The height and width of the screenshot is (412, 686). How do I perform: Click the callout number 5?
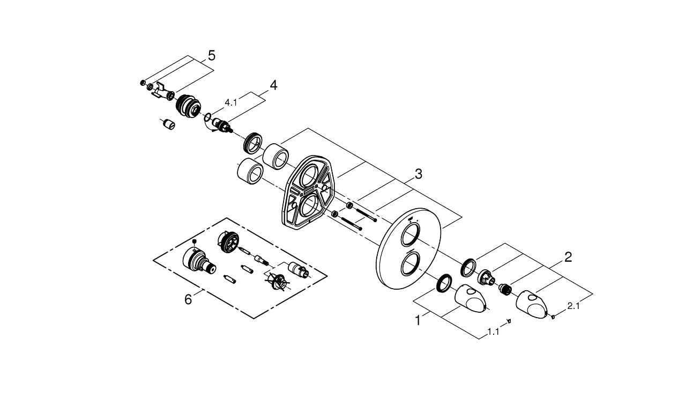click(211, 55)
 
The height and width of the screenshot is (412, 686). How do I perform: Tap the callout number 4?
click(273, 85)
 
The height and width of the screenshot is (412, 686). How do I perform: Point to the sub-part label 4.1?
click(231, 102)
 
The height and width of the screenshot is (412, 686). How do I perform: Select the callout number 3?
click(419, 174)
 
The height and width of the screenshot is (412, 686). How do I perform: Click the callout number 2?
click(568, 257)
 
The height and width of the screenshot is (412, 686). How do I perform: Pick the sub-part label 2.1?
click(573, 306)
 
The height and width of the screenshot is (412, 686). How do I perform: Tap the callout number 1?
click(418, 321)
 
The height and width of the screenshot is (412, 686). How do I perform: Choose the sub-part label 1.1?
click(493, 332)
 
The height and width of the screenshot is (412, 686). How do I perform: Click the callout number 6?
click(188, 299)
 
